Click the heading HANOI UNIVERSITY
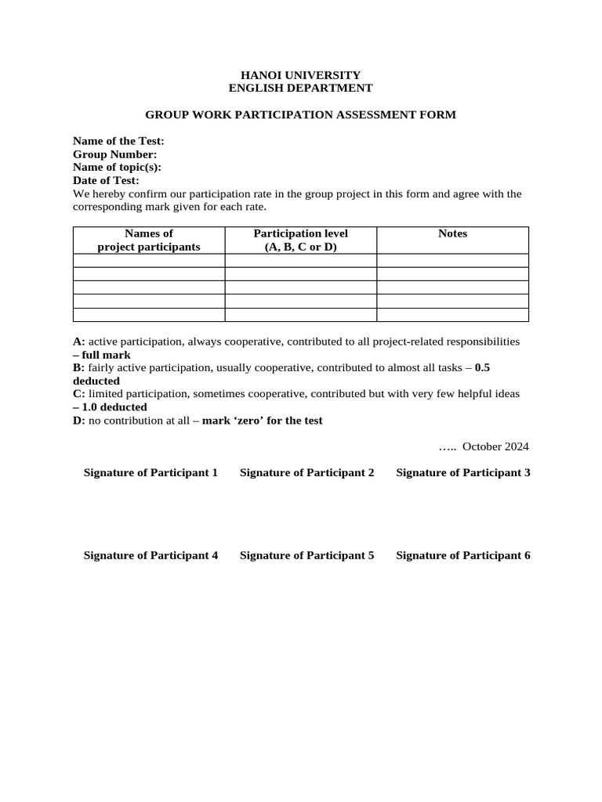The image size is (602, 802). (x=300, y=75)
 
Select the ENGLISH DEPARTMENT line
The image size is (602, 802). (x=300, y=89)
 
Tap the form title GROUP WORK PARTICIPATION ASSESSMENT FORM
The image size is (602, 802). (x=300, y=115)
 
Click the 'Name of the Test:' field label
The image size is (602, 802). (x=118, y=141)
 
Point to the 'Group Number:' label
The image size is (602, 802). (x=114, y=154)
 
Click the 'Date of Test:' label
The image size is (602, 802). (x=106, y=180)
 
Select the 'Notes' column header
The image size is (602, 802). (x=452, y=233)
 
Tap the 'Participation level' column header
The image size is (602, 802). (x=300, y=240)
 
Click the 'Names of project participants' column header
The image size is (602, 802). (x=149, y=240)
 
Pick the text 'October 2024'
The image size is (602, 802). (x=495, y=446)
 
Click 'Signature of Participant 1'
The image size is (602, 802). (x=150, y=472)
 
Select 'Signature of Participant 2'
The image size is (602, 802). (x=306, y=472)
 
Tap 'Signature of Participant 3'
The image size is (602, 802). (x=463, y=472)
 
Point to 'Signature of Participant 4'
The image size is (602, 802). (x=150, y=555)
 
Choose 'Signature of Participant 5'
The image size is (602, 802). (x=306, y=555)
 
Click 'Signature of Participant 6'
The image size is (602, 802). (x=463, y=555)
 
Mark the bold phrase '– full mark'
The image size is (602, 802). (x=102, y=355)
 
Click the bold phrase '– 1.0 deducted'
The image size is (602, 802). (x=110, y=407)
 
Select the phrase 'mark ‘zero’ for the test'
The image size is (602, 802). (x=262, y=421)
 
